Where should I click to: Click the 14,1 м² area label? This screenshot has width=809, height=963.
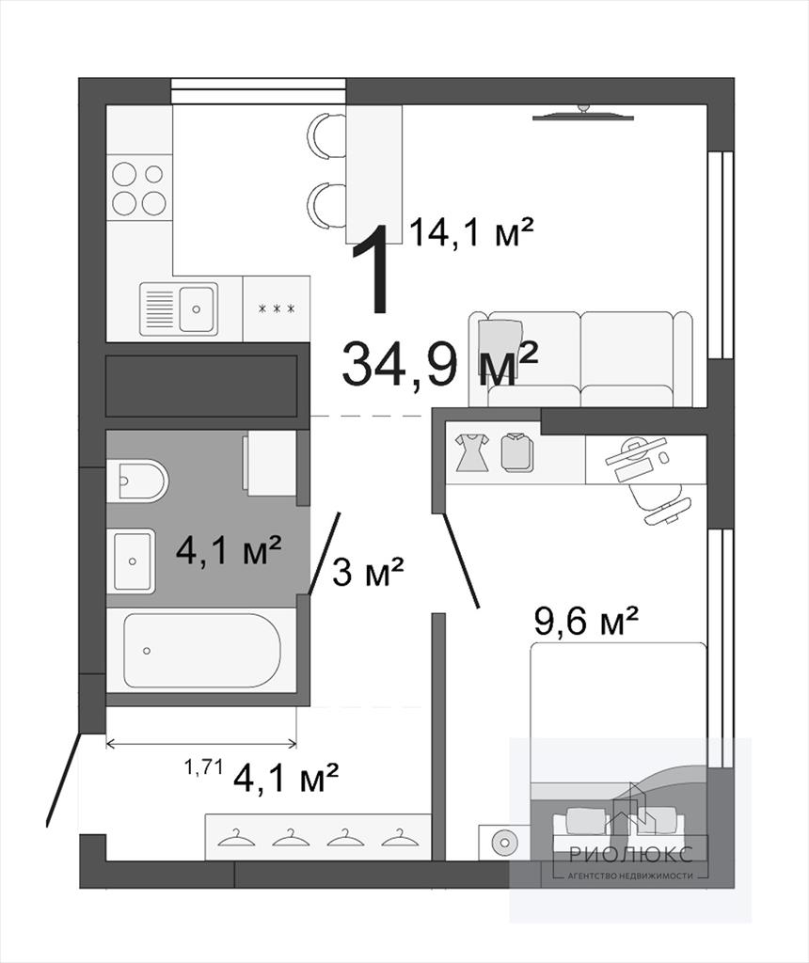[470, 232]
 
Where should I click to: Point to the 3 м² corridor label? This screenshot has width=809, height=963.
[368, 572]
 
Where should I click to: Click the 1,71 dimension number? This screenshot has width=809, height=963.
[202, 767]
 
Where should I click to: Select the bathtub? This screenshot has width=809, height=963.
[202, 650]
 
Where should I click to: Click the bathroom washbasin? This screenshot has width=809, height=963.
[132, 560]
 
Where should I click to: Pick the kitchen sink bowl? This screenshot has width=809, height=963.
[198, 308]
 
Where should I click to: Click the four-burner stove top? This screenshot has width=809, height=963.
[140, 189]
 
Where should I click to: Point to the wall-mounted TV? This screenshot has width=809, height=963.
[582, 115]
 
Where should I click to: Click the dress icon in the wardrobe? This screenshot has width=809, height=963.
[472, 452]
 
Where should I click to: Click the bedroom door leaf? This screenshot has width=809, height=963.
[461, 560]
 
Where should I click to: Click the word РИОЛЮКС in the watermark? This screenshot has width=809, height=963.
[631, 853]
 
